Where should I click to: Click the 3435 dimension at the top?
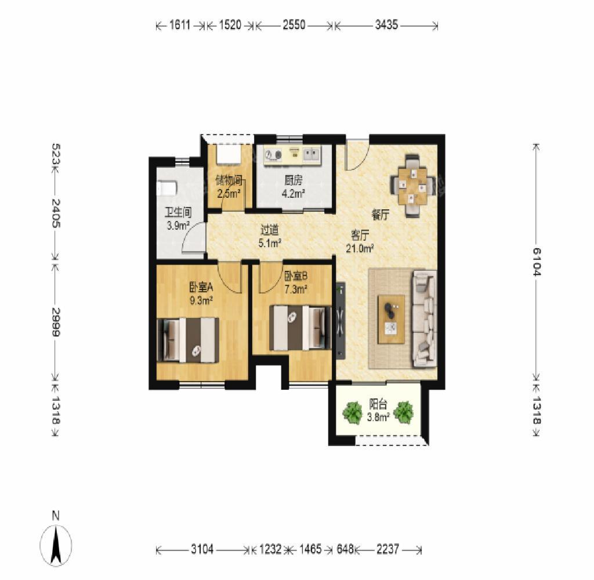point(386,25)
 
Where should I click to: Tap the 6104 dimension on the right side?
point(537,262)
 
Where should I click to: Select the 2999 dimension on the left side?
point(56,322)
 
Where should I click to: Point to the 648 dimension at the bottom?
point(345,549)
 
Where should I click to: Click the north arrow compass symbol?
point(56,546)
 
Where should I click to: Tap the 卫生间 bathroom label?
point(178,212)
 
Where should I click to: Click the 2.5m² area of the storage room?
point(229,194)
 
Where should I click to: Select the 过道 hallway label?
point(270,230)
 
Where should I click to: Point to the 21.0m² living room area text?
point(360,248)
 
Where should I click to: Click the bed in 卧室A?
point(188,340)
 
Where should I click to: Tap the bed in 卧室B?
point(300,328)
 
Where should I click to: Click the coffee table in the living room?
point(391,320)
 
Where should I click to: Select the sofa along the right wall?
point(424,318)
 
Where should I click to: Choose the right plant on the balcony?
point(404,412)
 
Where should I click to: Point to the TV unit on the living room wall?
point(340,320)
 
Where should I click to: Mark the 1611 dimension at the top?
point(180,25)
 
